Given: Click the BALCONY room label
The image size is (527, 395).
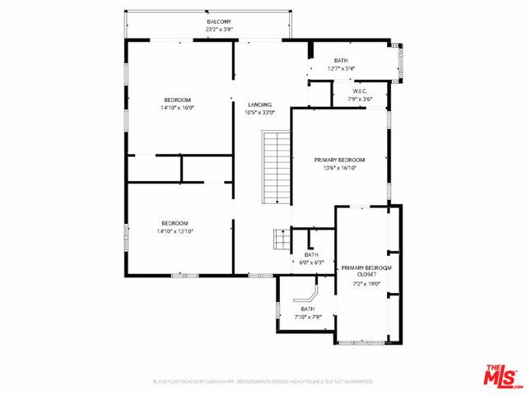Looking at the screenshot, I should point(219,21).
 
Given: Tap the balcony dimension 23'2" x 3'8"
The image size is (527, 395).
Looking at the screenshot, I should point(219,30).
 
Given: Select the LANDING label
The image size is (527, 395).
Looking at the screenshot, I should point(259,105).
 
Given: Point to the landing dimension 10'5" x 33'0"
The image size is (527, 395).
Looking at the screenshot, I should point(259,113).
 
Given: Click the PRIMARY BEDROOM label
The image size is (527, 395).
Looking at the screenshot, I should point(339,160).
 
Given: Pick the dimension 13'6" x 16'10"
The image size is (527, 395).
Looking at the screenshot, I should point(339,168).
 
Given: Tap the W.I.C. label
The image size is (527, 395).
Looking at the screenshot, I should point(360,91).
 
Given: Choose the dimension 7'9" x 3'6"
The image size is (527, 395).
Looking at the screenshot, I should point(360,99).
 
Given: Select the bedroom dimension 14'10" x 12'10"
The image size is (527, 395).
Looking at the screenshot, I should point(175,231).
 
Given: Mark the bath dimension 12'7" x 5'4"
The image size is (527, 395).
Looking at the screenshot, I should point(341,68).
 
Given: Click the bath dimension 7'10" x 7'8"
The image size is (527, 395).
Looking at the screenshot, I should point(307,316).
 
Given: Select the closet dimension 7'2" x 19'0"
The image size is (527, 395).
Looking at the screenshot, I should point(366,285).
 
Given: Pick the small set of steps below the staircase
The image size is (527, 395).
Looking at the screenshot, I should point(281,240).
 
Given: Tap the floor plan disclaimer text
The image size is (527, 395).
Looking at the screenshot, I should point(263,382).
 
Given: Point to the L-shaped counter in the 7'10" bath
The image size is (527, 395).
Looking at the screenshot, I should point(310,295).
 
